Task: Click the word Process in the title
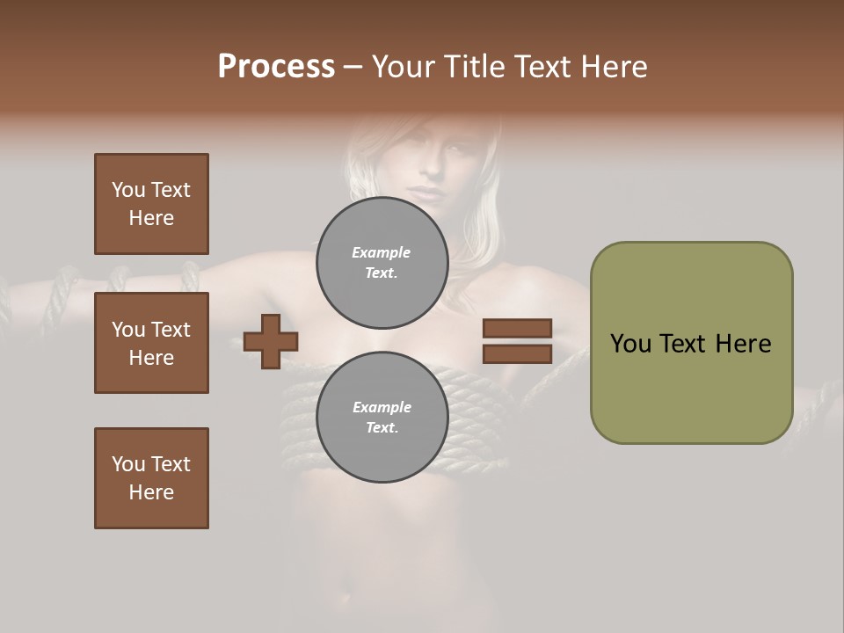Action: [276, 67]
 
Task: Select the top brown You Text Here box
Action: [151, 204]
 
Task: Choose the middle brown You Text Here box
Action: [151, 343]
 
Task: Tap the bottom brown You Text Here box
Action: [151, 478]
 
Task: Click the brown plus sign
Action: [271, 341]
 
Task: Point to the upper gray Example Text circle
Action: [382, 262]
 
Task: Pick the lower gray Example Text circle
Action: [382, 417]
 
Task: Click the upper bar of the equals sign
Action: [517, 328]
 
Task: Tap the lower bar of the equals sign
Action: [517, 353]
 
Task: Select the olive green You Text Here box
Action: [691, 343]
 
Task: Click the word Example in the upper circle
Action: [382, 252]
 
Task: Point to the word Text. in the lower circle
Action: [382, 427]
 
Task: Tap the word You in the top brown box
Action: [128, 190]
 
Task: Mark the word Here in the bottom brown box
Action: [151, 492]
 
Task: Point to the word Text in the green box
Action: [684, 344]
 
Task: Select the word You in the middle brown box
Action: [128, 330]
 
